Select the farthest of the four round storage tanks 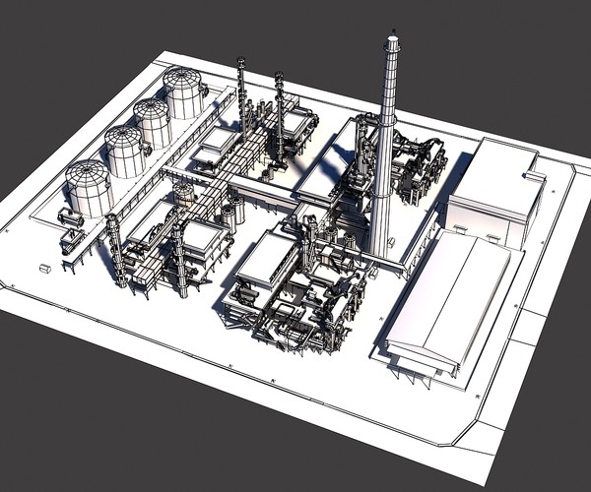pyautogui.click(x=183, y=92)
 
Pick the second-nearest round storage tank pyautogui.click(x=125, y=152)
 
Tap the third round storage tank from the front pyautogui.click(x=153, y=122)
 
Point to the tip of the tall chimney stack pyautogui.click(x=392, y=39)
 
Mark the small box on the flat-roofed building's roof pyautogui.click(x=533, y=176)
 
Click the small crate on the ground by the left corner pyautogui.click(x=44, y=267)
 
